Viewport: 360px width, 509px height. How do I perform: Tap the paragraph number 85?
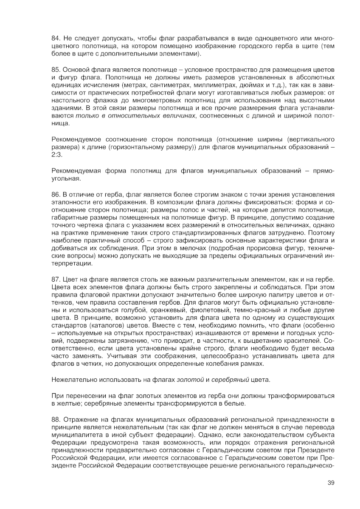(x=56, y=69)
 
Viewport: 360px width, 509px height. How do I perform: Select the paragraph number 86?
(x=56, y=194)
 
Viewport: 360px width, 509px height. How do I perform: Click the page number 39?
(x=331, y=482)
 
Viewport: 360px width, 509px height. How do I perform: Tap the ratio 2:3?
(x=57, y=155)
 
